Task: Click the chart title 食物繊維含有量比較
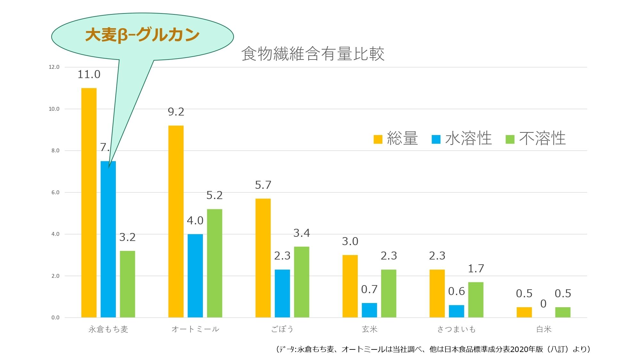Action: click(313, 54)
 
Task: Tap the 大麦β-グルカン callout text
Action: click(142, 35)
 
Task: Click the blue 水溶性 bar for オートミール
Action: click(195, 276)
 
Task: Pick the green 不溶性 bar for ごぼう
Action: click(301, 282)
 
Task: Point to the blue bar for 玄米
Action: click(369, 310)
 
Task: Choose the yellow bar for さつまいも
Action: click(437, 293)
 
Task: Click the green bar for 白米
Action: click(563, 312)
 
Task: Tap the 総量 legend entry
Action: click(396, 139)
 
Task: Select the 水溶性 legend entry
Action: click(462, 139)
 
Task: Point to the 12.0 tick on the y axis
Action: click(54, 67)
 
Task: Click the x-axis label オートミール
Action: click(195, 329)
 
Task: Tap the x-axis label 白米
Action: click(544, 329)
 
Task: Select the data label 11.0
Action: click(89, 75)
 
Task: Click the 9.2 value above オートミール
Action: click(176, 112)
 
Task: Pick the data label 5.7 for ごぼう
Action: click(263, 185)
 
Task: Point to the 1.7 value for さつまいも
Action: click(476, 269)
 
